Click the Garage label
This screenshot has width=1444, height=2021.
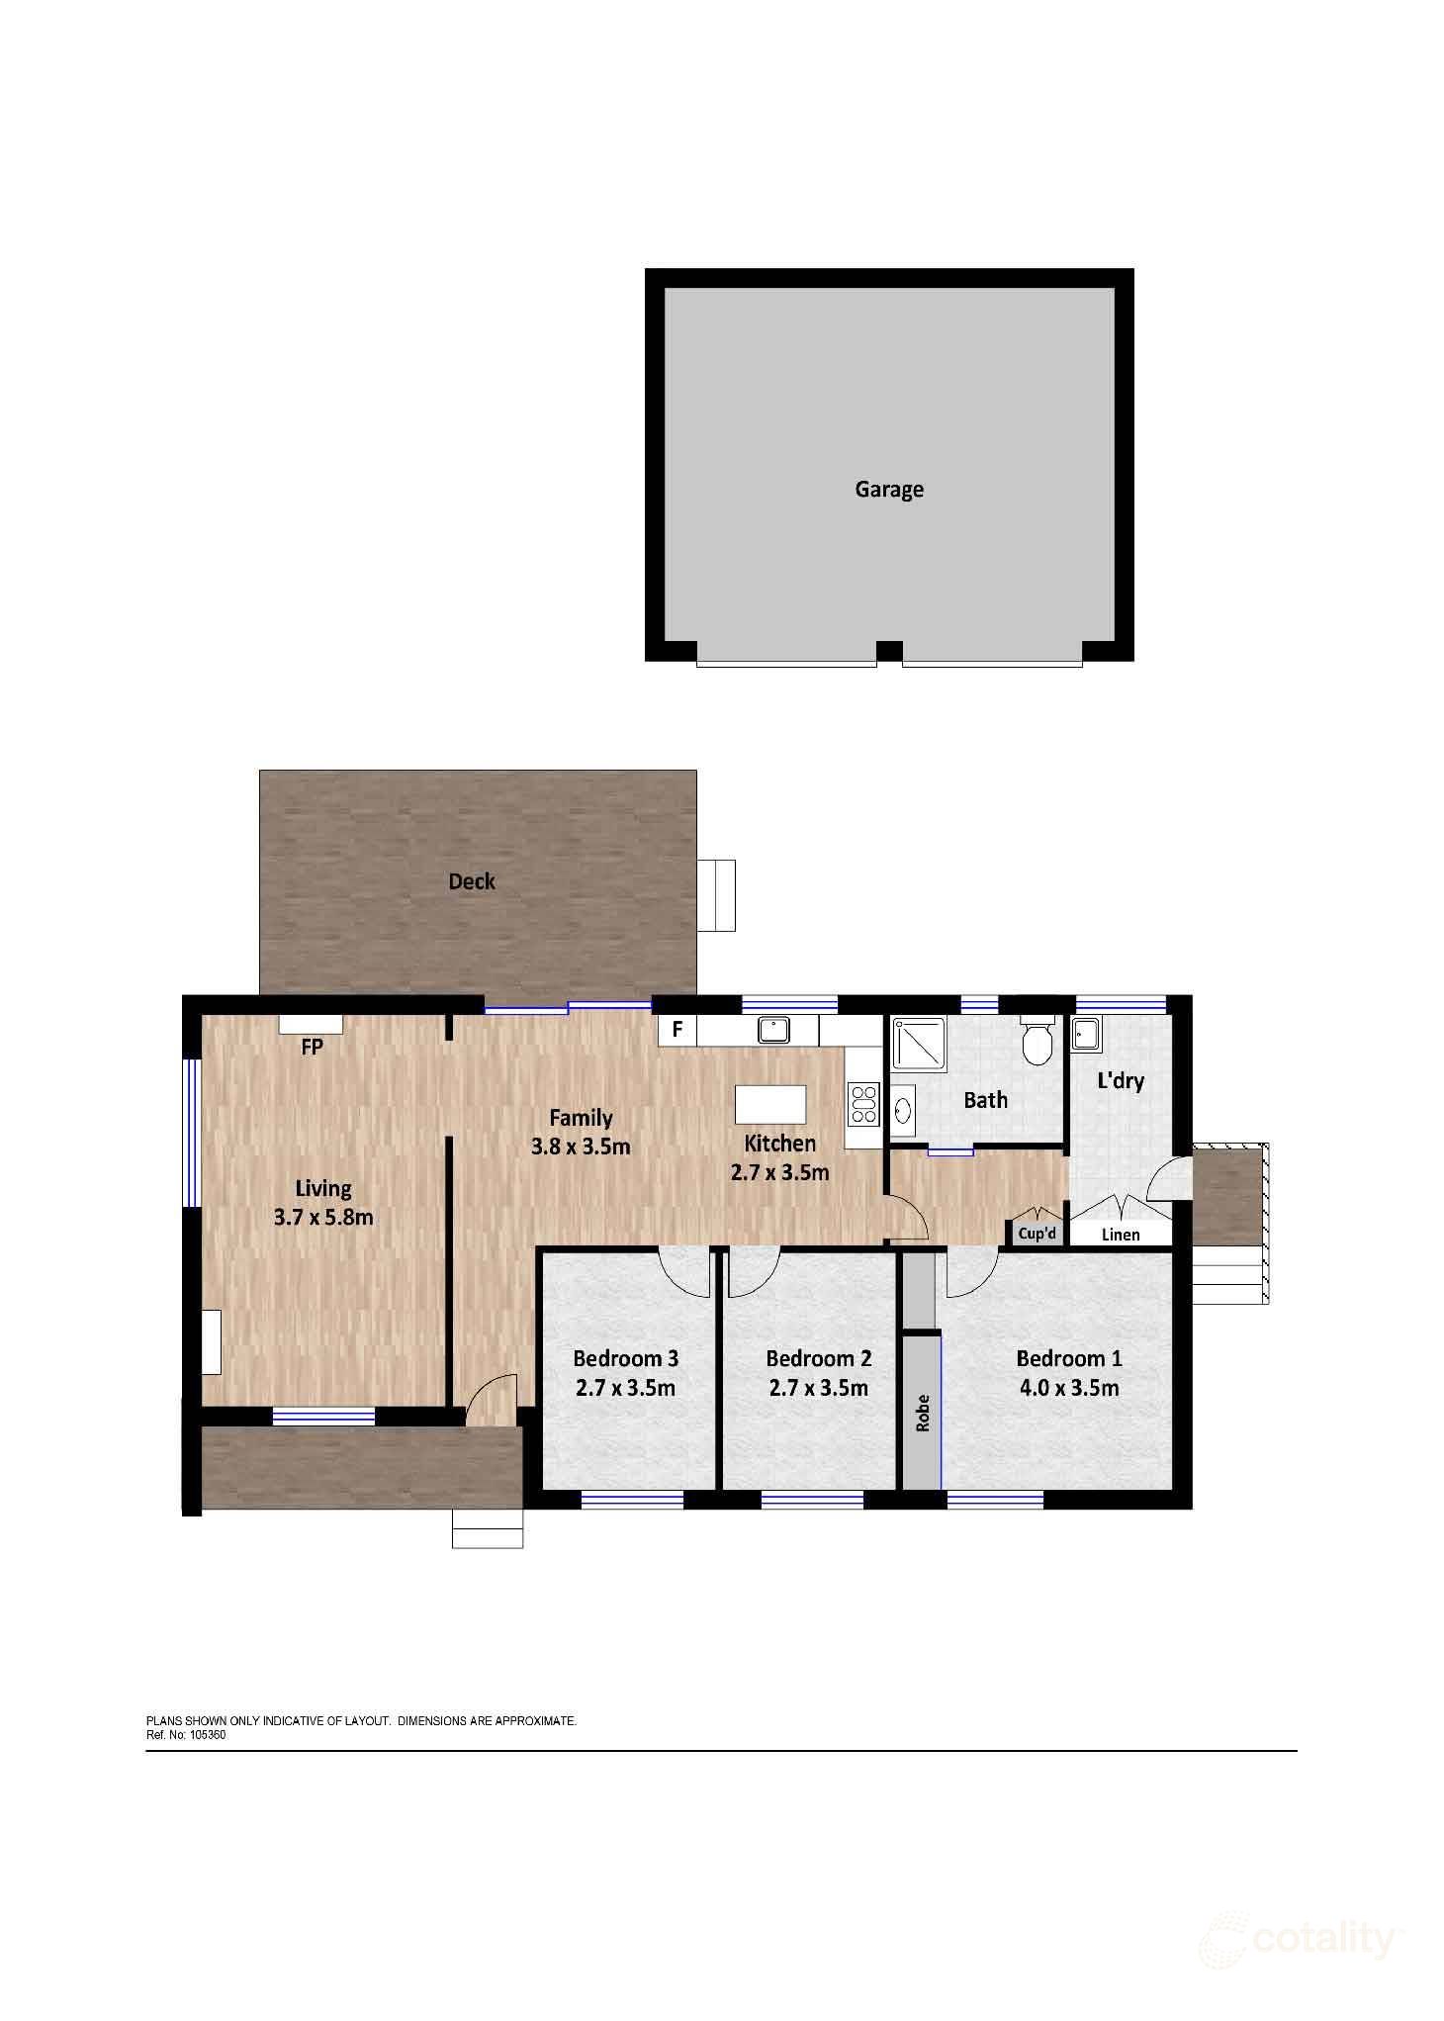888,489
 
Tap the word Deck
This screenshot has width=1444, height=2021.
472,881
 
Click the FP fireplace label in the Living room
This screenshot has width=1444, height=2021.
312,1047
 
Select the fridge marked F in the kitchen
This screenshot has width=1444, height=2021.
677,1030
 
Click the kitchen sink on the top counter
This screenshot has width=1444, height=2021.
773,1030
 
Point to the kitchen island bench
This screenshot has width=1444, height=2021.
770,1104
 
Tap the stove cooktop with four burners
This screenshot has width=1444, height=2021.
863,1104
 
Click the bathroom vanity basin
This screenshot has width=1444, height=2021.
902,1108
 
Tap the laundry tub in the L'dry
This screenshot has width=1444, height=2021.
1086,1035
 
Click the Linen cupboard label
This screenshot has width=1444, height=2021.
1120,1235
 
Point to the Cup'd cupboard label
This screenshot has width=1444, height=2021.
1037,1234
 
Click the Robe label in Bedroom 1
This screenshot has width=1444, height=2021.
923,1413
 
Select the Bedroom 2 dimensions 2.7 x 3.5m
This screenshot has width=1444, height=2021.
818,1388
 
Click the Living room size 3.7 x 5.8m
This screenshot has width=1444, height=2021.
323,1218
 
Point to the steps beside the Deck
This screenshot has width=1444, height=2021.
716,895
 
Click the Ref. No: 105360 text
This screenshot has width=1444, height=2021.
186,1734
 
